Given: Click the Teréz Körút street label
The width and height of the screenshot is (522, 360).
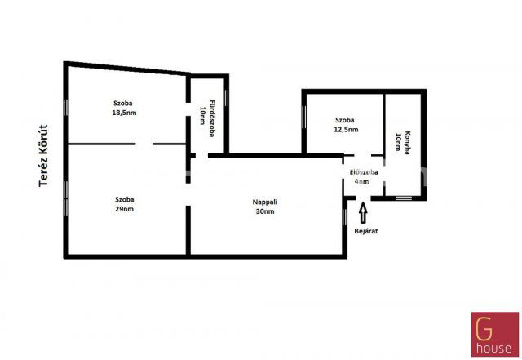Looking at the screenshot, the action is (43, 156).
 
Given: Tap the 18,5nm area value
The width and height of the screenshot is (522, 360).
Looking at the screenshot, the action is (124, 113).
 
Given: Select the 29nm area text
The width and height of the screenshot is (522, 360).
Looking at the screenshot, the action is (125, 209).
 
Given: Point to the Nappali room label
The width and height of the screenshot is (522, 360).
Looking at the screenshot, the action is (265, 202).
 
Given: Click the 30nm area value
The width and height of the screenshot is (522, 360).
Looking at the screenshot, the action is (265, 211).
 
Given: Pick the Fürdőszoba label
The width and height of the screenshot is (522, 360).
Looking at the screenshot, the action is (211, 118).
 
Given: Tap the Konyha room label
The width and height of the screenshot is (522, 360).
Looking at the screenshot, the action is (407, 143).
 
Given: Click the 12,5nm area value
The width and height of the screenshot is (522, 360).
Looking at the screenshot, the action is (346, 129).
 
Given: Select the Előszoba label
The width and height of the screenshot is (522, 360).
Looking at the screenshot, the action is (364, 172).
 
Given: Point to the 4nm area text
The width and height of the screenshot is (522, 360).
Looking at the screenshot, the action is (361, 182).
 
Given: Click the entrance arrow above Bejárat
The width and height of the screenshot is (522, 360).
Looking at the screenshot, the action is (363, 213).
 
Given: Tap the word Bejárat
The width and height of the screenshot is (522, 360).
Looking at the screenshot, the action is (366, 231).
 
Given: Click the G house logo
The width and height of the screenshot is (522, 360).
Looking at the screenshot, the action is (495, 335).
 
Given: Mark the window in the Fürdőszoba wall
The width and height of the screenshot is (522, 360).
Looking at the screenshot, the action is (227, 98).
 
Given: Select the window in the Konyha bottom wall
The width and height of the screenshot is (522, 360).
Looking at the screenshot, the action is (404, 198).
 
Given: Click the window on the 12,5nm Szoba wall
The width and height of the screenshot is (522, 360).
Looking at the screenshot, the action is (303, 117).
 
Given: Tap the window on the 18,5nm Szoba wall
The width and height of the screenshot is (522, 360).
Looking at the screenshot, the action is (65, 108).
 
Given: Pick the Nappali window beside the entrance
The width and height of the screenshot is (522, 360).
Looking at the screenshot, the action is (344, 217).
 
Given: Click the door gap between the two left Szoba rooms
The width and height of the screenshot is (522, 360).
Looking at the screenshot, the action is (144, 144).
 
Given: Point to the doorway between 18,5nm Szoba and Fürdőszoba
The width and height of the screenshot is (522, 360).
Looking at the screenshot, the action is (188, 109).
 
